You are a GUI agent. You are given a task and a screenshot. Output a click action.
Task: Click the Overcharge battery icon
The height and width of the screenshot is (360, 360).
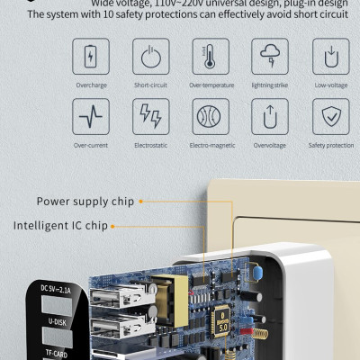[x=90, y=56]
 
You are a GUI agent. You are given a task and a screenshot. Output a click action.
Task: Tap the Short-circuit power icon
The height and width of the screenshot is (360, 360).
[x=150, y=56]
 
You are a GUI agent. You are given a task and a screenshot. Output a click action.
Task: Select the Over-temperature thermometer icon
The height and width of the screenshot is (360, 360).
[x=210, y=56]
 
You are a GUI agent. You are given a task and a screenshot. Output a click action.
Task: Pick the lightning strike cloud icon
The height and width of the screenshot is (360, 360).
[x=270, y=56]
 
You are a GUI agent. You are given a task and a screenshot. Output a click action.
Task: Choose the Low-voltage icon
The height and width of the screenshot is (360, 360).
[x=330, y=56]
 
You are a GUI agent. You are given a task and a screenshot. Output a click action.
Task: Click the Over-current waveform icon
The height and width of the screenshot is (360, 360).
[x=90, y=115]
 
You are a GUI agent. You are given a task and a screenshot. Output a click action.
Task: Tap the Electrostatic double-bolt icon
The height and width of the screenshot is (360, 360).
[x=150, y=115]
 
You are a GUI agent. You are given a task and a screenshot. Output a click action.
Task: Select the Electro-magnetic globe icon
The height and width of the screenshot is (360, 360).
[x=210, y=115]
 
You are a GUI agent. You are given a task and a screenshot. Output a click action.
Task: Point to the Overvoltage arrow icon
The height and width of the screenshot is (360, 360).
[x=270, y=115]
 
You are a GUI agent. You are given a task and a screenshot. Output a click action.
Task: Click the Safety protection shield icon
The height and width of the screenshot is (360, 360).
[x=330, y=115]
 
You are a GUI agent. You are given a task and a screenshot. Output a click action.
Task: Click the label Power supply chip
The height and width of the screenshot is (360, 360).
[x=85, y=202]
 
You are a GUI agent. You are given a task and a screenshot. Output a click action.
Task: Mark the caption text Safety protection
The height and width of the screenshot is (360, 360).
[x=330, y=144]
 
